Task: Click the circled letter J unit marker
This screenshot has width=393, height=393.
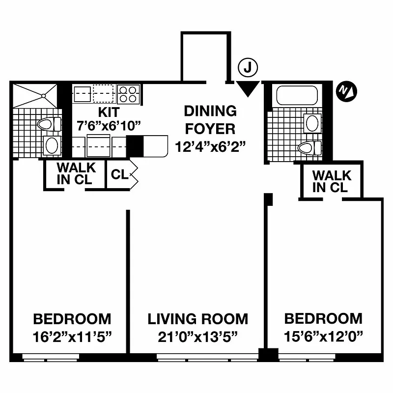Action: [248, 68]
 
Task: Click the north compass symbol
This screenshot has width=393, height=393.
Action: [347, 91]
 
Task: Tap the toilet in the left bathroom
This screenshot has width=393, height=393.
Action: [49, 124]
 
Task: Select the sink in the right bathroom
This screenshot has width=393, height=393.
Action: [312, 123]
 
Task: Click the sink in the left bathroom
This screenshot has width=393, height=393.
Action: [51, 145]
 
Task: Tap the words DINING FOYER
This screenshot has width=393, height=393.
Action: [210, 120]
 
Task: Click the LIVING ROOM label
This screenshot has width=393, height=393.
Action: [198, 319]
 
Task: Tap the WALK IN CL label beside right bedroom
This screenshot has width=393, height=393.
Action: [332, 181]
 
